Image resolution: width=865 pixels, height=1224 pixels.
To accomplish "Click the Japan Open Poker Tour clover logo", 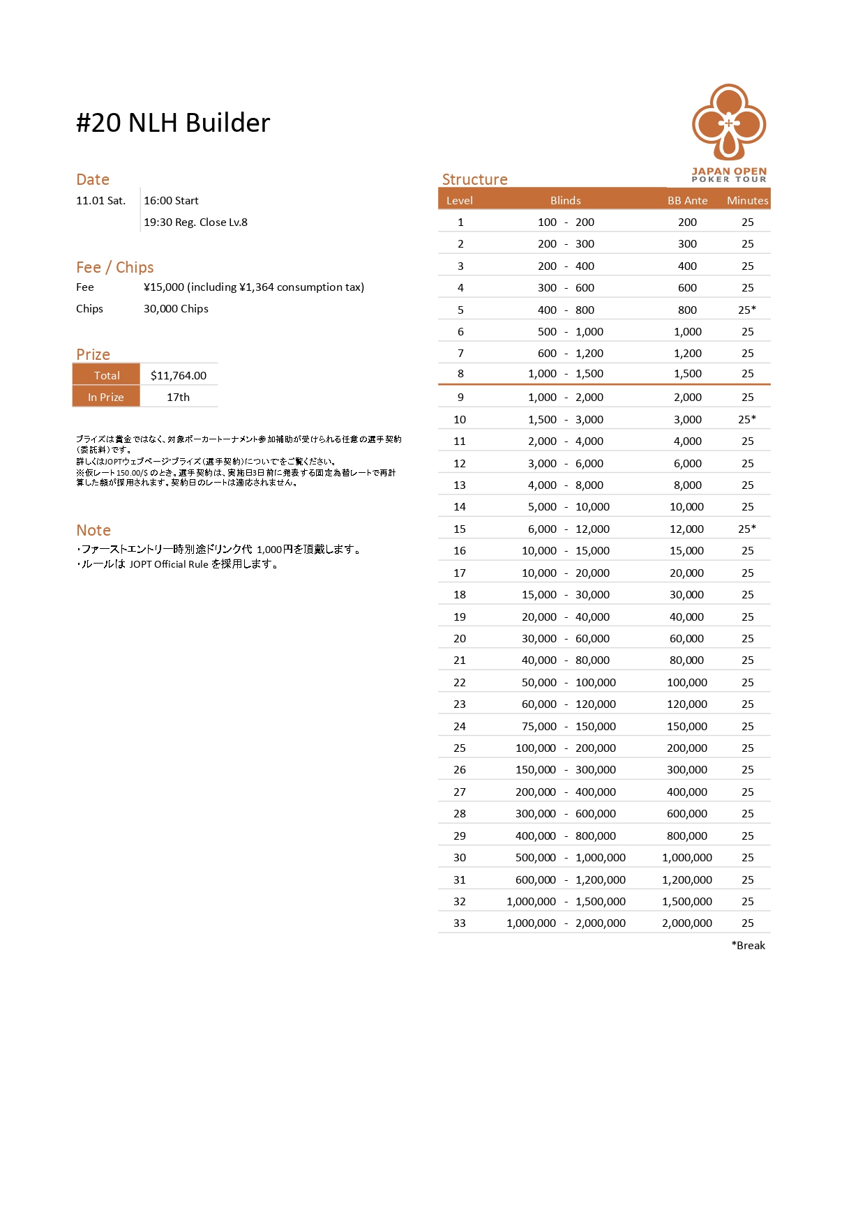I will [729, 123].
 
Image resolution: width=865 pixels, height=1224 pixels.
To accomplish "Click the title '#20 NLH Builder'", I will [173, 123].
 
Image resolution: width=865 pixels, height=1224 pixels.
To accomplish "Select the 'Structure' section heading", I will [474, 179].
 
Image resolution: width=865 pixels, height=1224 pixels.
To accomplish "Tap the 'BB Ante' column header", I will [687, 201].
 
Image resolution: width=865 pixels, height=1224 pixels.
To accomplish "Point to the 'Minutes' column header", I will [747, 201].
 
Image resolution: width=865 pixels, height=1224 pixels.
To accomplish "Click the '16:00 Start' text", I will [171, 201].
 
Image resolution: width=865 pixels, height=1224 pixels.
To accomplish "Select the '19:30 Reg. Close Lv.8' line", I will [195, 222].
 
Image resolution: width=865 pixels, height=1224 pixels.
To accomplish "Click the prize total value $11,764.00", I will [179, 375].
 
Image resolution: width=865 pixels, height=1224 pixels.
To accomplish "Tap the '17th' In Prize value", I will [178, 397].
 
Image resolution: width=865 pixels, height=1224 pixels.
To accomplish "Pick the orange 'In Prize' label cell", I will [106, 397].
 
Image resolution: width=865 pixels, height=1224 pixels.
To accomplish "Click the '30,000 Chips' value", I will [176, 309].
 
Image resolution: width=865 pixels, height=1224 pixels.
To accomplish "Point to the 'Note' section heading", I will [93, 530].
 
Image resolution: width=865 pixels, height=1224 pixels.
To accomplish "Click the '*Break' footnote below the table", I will [748, 945].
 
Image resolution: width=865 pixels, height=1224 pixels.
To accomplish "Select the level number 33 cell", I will [460, 923].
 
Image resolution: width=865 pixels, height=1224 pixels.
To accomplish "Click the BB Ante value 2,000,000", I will [687, 923].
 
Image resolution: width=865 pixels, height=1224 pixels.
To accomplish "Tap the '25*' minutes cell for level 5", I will [747, 310].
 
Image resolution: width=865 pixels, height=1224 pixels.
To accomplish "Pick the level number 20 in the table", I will [460, 638].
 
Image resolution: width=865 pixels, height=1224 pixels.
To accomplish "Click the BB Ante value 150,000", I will [687, 726].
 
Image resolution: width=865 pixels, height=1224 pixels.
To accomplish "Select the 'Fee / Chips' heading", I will [115, 267].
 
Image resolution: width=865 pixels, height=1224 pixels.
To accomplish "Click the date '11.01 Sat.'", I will [101, 201].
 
